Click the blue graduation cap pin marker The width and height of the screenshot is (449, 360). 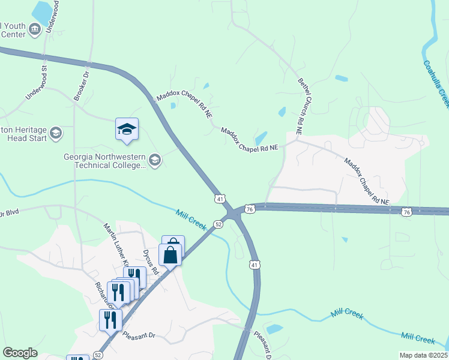(x=127, y=129)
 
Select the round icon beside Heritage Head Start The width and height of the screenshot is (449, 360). (x=56, y=133)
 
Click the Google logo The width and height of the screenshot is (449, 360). (x=20, y=353)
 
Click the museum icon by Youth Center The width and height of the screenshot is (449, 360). (x=35, y=29)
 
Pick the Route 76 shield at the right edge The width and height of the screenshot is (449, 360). (x=406, y=212)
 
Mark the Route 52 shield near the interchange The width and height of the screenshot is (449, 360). (x=219, y=224)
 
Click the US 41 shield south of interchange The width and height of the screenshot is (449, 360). (x=255, y=264)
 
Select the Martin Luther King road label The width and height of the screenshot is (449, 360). (x=117, y=244)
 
